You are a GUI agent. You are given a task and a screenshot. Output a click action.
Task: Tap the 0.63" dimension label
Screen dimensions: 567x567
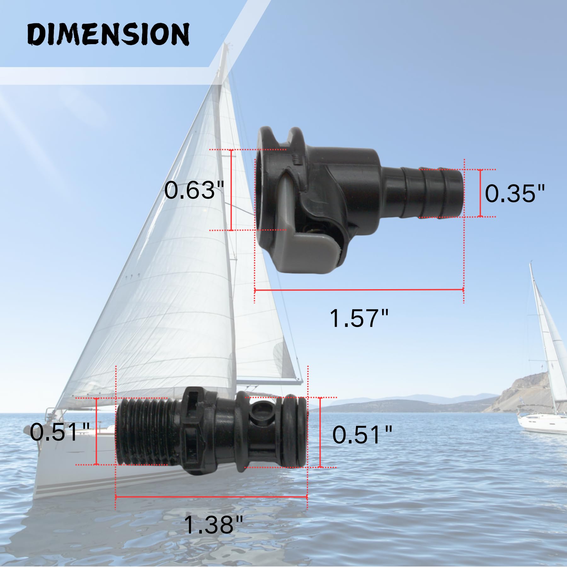click(x=194, y=190)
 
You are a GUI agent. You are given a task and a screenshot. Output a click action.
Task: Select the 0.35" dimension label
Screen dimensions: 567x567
click(x=514, y=193)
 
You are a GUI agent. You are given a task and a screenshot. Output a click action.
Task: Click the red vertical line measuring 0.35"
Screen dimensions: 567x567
click(x=480, y=193)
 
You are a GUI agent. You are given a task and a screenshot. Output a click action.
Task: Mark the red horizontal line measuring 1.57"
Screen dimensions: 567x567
click(x=359, y=289)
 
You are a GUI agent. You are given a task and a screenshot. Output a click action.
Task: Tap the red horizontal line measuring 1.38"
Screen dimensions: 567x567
click(x=211, y=497)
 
